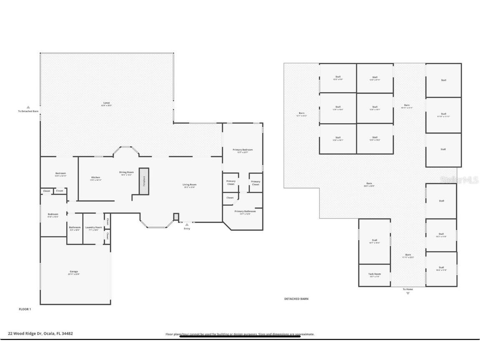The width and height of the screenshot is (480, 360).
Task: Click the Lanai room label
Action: [107, 103]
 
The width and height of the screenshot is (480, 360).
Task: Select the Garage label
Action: [74, 272]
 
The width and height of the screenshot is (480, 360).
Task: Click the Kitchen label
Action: [95, 177]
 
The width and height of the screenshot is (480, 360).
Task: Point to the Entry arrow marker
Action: [187, 224]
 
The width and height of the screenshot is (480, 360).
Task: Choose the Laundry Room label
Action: [93, 227]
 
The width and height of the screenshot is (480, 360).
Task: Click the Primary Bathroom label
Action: [245, 211]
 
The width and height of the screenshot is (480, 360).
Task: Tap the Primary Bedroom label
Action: [243, 150]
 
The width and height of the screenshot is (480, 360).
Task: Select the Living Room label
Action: [189, 184]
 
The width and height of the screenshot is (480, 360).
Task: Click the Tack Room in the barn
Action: [374, 274]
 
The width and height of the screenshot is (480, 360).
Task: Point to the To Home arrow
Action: [408, 293]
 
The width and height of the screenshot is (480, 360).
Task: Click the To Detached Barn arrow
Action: [28, 107]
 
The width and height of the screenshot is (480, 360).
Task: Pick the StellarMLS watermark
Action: [459, 180]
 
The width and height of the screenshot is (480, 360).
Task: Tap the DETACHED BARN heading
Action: [296, 299]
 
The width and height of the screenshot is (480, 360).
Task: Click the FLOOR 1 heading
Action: [25, 309]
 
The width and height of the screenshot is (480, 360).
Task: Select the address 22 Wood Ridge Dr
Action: [40, 333]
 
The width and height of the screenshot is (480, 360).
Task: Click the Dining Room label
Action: [126, 172]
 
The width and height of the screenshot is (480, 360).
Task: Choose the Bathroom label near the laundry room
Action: [75, 227]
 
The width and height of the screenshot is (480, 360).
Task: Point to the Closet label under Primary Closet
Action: [230, 198]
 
